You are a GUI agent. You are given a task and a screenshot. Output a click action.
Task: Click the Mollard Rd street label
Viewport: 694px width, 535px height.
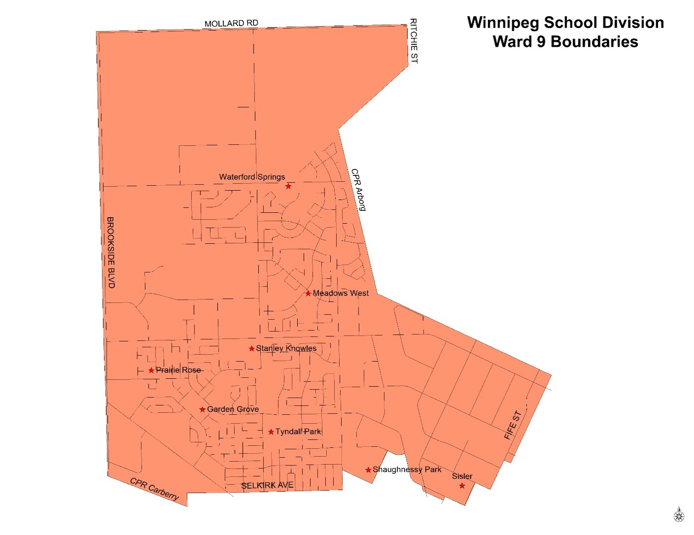pos(231,23)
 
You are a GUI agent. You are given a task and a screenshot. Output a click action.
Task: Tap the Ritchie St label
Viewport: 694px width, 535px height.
pos(413,41)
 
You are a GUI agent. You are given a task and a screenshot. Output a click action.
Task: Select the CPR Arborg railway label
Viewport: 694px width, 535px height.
pos(358,190)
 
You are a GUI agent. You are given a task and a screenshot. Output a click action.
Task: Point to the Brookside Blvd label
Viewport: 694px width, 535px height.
pos(111,252)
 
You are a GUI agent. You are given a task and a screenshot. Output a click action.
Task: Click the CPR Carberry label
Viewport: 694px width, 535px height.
pos(154,489)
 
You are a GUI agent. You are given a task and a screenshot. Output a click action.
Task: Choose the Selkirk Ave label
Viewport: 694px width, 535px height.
pos(267,485)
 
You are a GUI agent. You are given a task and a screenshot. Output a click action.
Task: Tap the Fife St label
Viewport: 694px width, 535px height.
pos(512,425)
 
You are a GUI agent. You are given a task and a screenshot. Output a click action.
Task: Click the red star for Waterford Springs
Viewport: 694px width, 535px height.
pos(288,186)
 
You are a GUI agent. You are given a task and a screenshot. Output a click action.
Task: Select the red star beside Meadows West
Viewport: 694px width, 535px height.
pos(308,294)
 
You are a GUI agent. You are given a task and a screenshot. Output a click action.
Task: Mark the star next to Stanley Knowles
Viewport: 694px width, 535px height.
pos(252,349)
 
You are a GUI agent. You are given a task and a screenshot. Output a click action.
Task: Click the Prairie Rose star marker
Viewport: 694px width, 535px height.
pos(151,370)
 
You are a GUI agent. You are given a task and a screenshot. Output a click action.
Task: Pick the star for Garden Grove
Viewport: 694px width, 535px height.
pos(202,409)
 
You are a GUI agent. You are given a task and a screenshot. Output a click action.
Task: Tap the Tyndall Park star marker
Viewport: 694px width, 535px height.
pos(271,432)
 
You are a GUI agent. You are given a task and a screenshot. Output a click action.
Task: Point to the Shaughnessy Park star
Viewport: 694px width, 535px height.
pos(368,470)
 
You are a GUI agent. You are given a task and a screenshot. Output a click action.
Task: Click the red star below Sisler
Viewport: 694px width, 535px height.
pos(462,486)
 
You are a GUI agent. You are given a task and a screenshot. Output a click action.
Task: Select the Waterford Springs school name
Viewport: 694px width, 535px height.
pos(252,177)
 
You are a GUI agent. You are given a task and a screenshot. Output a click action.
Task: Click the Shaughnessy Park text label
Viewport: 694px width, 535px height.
pos(407,469)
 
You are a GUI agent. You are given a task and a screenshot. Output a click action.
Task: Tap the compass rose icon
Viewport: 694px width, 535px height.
pos(679,515)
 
